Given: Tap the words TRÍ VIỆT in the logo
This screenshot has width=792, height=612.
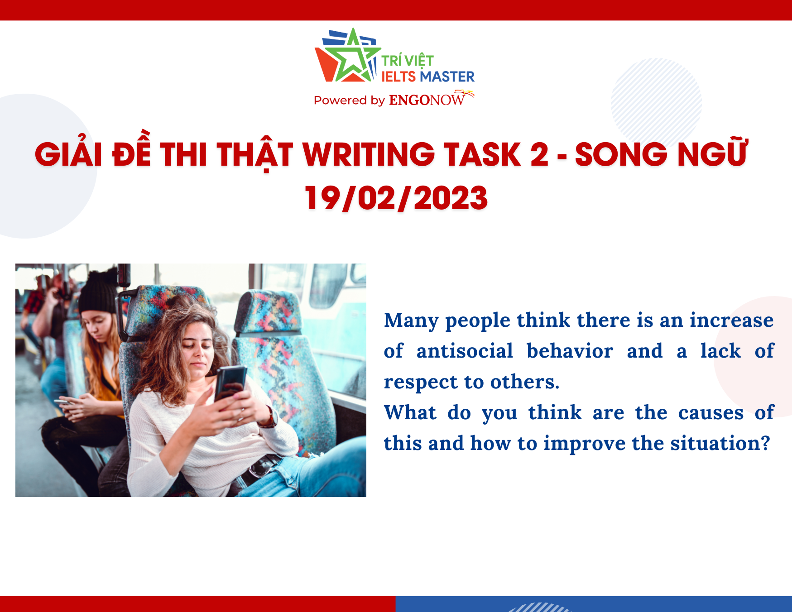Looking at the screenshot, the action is click(x=407, y=61).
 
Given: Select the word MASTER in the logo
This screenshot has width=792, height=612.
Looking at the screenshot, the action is click(x=447, y=76).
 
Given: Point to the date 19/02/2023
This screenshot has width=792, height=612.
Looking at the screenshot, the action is click(x=396, y=198).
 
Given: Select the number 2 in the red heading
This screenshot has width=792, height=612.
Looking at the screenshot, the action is click(x=539, y=154).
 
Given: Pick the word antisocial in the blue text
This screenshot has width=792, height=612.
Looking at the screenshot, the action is click(x=465, y=351).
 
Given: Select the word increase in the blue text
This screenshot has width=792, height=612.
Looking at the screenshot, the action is click(x=732, y=320).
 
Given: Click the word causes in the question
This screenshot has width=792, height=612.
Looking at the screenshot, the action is click(x=711, y=413).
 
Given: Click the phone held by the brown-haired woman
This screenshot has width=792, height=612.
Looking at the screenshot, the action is click(x=230, y=382).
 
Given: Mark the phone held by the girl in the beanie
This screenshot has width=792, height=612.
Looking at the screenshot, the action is click(x=63, y=402).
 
